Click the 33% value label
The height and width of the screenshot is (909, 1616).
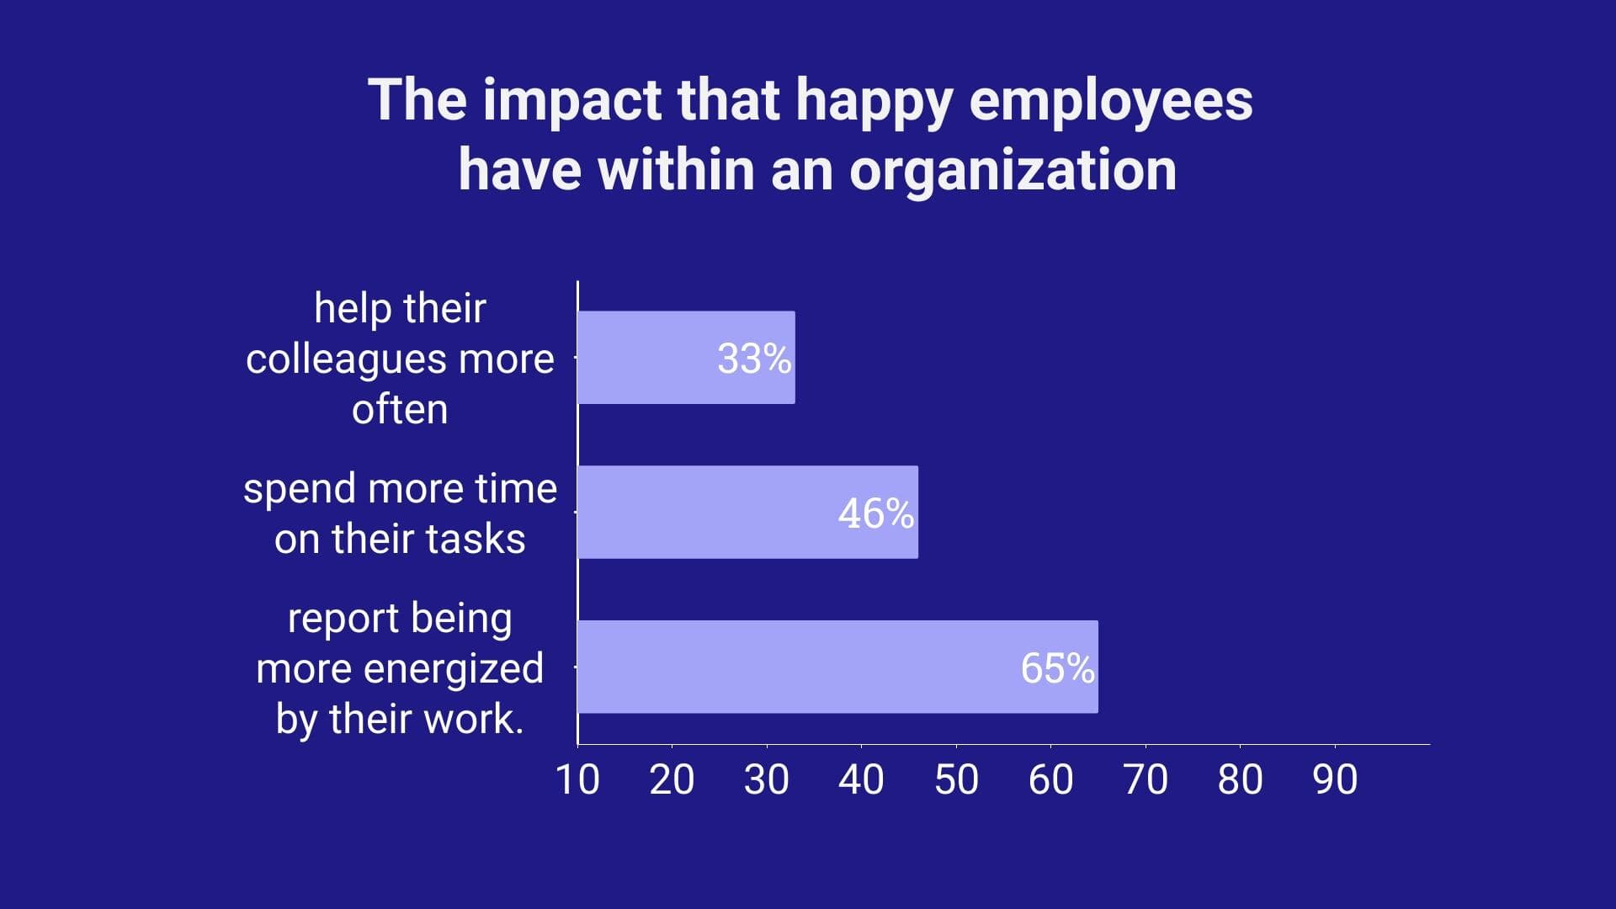tap(753, 359)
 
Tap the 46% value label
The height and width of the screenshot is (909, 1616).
tap(875, 513)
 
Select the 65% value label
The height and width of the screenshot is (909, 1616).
tap(1057, 668)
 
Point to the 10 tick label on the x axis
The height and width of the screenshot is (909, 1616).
tap(577, 779)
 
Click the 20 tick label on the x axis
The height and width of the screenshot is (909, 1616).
tap(672, 779)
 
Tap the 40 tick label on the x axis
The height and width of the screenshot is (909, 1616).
tap(861, 779)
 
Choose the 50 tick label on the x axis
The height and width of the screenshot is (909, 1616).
tap(956, 779)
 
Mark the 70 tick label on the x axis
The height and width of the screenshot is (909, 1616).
tap(1146, 779)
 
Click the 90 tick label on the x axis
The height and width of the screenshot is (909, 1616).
tap(1335, 779)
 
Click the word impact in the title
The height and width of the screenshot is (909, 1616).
tap(572, 101)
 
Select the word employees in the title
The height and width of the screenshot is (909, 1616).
tap(1111, 101)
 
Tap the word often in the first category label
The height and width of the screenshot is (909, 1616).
tap(400, 410)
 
